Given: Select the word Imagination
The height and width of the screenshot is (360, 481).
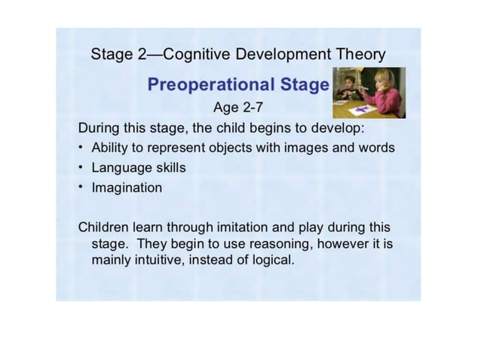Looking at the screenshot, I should point(127,188).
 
